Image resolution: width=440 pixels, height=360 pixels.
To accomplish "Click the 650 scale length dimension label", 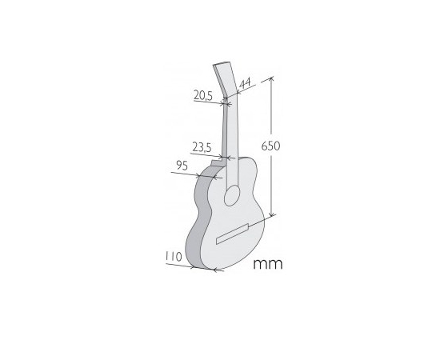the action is click(x=270, y=146).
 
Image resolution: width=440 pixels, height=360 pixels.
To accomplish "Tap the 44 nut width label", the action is click(x=245, y=83).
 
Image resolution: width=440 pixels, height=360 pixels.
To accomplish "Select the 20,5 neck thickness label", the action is click(x=203, y=95).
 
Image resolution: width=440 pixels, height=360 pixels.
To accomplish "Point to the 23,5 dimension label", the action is click(x=202, y=147).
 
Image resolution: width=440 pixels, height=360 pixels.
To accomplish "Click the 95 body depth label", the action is click(x=182, y=166).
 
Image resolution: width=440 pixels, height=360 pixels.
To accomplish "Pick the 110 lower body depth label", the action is click(x=174, y=257).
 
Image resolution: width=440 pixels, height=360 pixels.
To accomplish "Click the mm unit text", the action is click(x=268, y=264).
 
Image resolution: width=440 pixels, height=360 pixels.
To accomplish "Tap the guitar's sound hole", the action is click(x=232, y=195).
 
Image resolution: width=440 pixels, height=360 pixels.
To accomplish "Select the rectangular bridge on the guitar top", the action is click(x=233, y=234).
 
